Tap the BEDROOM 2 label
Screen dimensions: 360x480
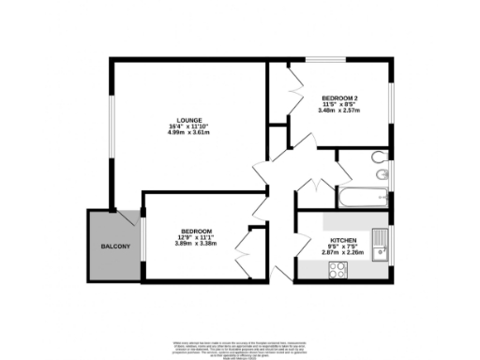339,97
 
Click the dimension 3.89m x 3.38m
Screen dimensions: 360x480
196,243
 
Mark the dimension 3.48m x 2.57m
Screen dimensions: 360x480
339,111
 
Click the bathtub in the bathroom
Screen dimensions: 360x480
361,197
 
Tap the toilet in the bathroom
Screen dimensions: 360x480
378,157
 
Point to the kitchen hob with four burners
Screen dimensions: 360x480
337,271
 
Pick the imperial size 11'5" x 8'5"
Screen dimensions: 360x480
339,104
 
